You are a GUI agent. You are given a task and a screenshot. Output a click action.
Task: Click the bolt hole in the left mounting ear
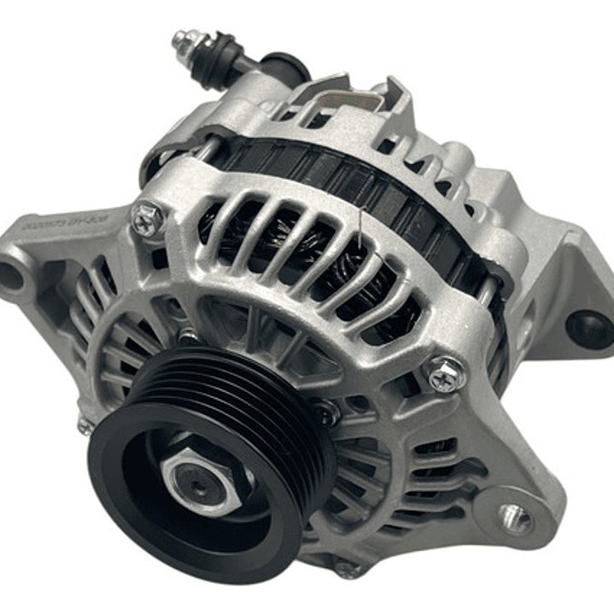click(11, 276)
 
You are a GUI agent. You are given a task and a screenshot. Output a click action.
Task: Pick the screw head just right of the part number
click(147, 219)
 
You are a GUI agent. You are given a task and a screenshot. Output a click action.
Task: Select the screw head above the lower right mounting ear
click(446, 374)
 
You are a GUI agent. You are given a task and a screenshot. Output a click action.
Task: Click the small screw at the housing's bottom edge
click(347, 569)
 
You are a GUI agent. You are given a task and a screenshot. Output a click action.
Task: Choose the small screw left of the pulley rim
click(85, 424)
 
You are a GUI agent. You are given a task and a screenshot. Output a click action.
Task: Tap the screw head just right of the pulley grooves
click(325, 415)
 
